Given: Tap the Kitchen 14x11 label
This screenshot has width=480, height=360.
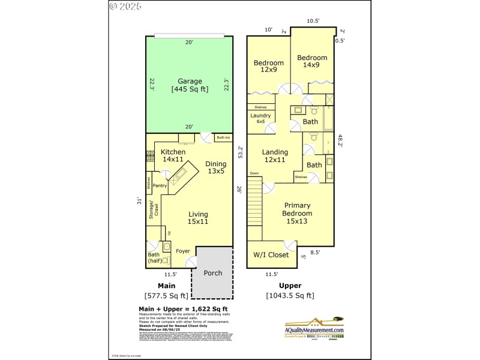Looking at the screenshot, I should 173,155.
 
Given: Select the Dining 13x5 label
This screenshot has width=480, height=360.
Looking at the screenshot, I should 216,167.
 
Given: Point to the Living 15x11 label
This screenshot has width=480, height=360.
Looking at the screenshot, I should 198,218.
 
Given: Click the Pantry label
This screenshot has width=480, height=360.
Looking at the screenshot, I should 160,185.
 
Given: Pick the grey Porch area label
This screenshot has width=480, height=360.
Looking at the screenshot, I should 212,273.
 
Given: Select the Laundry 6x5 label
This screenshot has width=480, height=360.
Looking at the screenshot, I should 260,118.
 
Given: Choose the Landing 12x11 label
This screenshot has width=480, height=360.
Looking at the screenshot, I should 275,156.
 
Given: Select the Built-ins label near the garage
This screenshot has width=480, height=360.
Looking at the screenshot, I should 223,138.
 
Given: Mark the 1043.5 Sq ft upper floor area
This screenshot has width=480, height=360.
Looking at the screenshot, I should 290,295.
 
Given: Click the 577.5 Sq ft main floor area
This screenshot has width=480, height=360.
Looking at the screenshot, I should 166,295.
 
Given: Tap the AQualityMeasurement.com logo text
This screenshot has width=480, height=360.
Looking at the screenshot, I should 314,330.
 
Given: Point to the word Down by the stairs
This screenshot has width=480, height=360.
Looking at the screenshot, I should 254,173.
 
